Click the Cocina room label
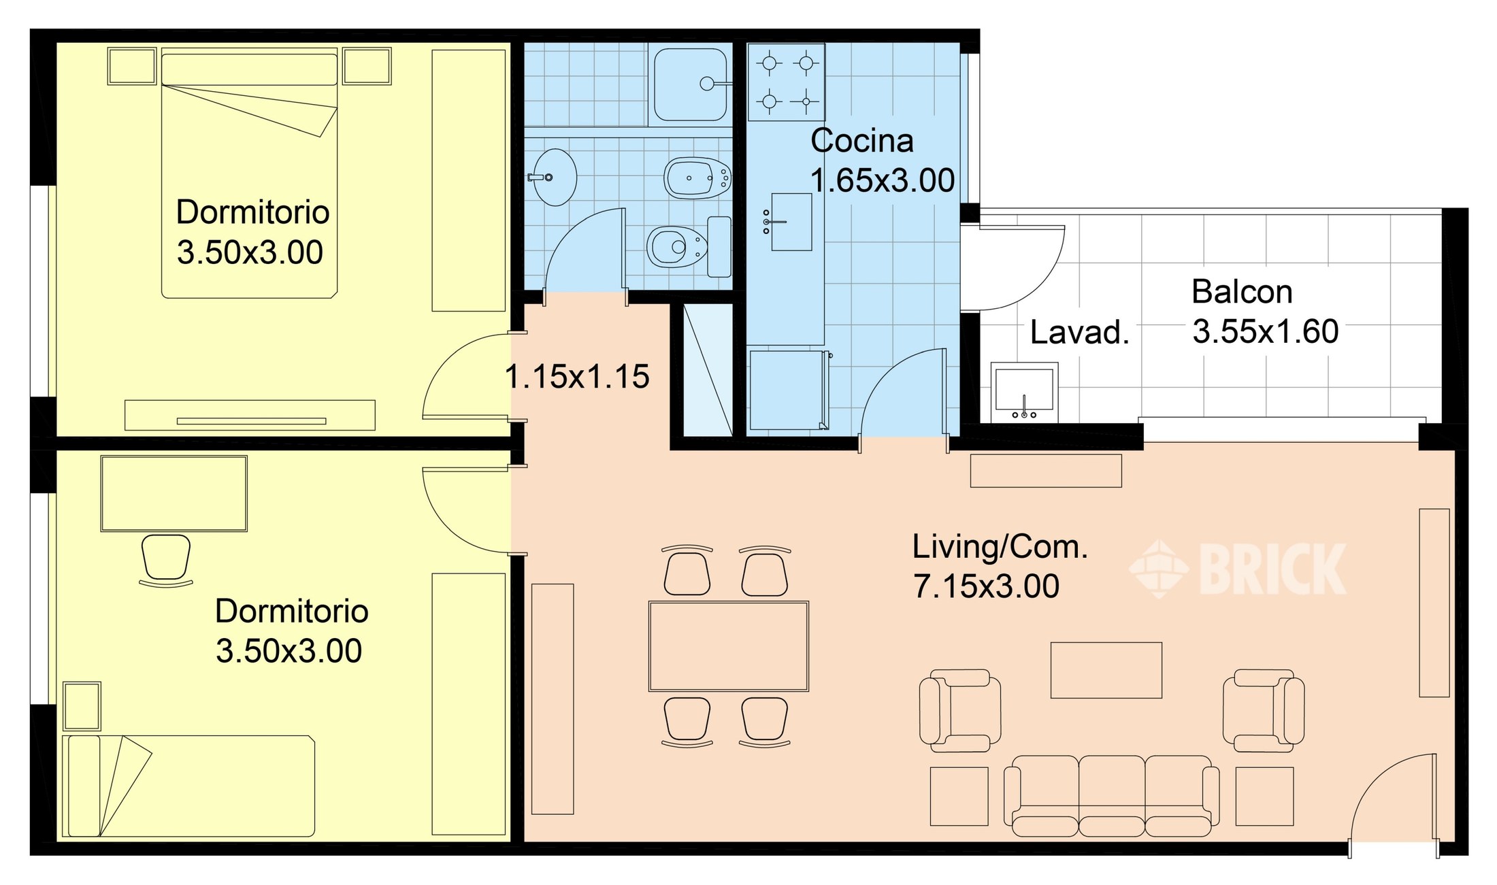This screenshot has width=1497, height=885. pos(861,141)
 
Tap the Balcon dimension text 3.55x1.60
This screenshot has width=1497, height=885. pos(1266,332)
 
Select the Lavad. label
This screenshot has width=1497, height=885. pos(1079,333)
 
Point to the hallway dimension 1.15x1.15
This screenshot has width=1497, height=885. pos(577,377)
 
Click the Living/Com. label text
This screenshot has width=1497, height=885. pos(1000,547)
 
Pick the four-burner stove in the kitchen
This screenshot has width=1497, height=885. pos(787,82)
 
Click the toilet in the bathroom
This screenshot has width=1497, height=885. pos(689,246)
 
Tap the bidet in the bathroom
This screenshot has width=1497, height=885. pos(697,178)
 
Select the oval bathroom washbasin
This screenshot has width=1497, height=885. pos(553,177)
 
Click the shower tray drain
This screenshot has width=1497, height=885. pos(707,84)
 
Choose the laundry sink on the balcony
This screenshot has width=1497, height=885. pos(1024,393)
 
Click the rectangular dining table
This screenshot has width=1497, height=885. pos(729,646)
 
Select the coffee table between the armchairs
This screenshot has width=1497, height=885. pos(1106,670)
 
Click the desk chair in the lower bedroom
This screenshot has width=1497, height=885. pos(166,560)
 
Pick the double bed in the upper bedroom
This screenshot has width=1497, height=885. pos(249,173)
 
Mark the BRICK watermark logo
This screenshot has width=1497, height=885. pos(1238,569)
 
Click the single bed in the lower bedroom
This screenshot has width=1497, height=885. pos(188,786)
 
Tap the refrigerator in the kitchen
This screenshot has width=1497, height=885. pos(789,390)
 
